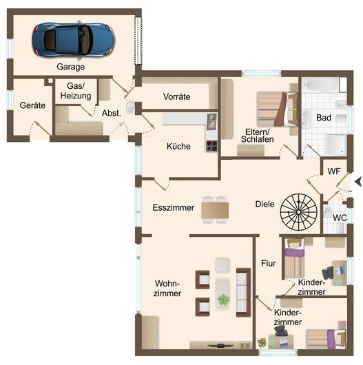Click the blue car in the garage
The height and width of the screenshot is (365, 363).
tap(73, 40)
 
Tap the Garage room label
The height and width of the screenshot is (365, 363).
tap(71, 67)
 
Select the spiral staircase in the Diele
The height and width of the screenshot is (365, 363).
tap(298, 212)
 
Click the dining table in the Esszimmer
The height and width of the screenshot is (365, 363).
tap(215, 210)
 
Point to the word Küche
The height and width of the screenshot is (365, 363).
tap(178, 146)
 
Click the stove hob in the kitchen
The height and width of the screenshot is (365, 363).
tap(211, 146)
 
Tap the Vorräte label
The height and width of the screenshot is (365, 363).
tap(176, 96)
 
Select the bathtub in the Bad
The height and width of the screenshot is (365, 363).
tap(320, 85)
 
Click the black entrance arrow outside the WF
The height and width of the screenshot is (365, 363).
tap(358, 181)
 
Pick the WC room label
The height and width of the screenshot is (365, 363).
tap(340, 218)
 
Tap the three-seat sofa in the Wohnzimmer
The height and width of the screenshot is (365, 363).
tap(243, 293)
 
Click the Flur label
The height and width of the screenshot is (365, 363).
tap(268, 264)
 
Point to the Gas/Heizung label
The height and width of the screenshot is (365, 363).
tap(76, 91)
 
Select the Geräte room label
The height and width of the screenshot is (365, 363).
tap(32, 105)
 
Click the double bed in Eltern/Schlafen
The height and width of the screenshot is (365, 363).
tap(277, 109)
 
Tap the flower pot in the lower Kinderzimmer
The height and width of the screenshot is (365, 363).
tap(262, 342)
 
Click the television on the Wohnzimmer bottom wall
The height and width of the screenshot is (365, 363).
tap(218, 346)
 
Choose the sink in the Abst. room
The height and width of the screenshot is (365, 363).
tap(130, 107)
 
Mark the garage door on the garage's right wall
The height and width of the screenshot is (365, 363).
tap(138, 41)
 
